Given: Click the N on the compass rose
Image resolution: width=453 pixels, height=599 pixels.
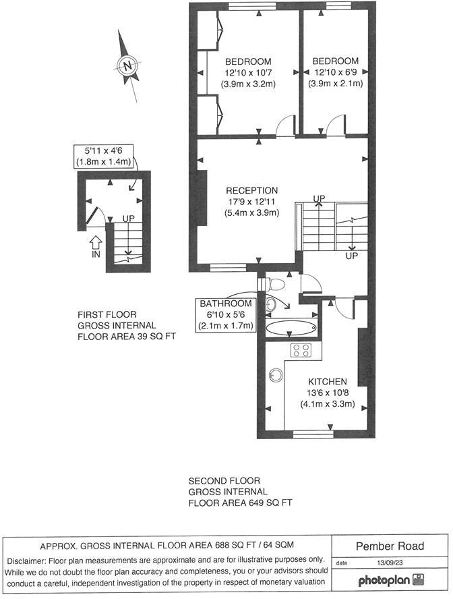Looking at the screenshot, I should pyautogui.click(x=127, y=65).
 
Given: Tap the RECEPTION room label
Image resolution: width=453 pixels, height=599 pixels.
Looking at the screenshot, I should pyautogui.click(x=251, y=190).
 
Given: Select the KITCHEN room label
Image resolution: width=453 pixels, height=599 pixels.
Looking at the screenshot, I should pyautogui.click(x=328, y=381).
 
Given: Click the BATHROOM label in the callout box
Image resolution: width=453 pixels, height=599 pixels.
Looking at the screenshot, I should pyautogui.click(x=226, y=304).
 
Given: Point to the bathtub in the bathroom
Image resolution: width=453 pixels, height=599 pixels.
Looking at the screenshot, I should pyautogui.click(x=291, y=329).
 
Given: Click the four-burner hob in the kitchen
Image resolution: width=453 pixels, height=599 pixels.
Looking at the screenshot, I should pyautogui.click(x=300, y=350).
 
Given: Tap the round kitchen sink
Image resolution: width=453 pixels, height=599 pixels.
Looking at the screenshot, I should pyautogui.click(x=276, y=374).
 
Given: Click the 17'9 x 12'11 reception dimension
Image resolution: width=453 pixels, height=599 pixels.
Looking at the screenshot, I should pyautogui.click(x=251, y=202).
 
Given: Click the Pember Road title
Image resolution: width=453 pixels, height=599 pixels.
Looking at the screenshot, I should pyautogui.click(x=390, y=545).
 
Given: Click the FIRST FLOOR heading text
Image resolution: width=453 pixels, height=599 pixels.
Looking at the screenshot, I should pyautogui.click(x=107, y=314).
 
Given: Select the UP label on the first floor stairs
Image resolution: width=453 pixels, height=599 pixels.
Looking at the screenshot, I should pyautogui.click(x=128, y=219).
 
